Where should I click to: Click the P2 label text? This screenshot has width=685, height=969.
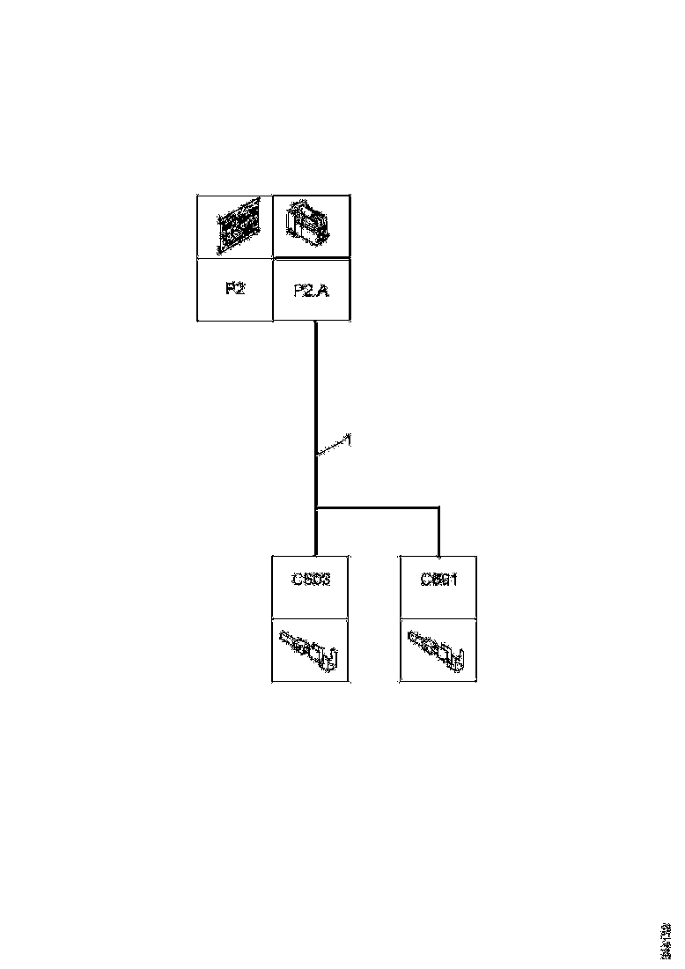click(234, 289)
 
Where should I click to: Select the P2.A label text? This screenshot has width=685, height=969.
click(311, 290)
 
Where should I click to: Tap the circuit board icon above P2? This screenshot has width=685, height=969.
click(234, 226)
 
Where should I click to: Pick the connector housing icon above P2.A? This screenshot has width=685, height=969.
click(311, 226)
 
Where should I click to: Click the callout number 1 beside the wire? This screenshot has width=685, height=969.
click(350, 438)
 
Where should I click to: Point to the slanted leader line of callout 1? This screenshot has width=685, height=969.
click(332, 447)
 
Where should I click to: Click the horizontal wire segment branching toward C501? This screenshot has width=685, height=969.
click(379, 507)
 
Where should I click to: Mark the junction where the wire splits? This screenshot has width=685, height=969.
click(315, 507)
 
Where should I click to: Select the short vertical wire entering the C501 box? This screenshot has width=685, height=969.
click(438, 533)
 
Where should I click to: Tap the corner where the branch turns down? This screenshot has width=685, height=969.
click(438, 507)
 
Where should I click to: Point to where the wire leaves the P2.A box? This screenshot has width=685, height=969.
click(315, 322)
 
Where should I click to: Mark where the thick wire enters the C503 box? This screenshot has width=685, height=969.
click(315, 555)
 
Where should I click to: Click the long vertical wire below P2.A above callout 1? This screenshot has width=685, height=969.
click(315, 379)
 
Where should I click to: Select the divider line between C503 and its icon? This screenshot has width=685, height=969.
click(311, 618)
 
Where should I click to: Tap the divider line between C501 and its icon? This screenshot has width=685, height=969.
click(438, 618)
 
